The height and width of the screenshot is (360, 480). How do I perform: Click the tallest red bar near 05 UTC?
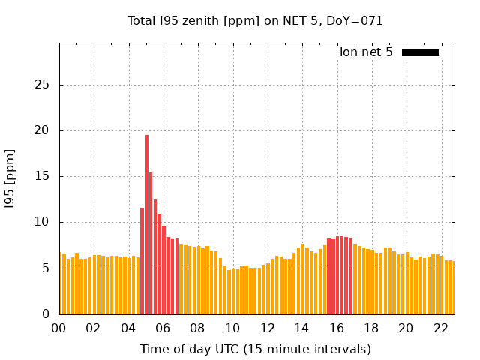(x=146, y=225)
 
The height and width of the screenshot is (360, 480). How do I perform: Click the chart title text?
(x=255, y=21)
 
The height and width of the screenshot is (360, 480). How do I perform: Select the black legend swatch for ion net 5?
(x=420, y=52)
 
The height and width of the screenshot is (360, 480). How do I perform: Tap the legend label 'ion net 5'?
(x=366, y=52)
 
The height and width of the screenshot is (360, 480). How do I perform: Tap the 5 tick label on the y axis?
(x=46, y=268)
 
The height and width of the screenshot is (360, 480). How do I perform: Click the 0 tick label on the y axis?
(x=46, y=314)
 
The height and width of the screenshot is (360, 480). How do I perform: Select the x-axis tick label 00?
(x=58, y=328)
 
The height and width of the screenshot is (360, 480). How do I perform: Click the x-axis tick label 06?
(x=163, y=328)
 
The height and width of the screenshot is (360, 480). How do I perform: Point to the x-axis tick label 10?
(x=232, y=328)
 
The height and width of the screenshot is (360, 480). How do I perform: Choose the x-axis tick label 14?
(x=301, y=328)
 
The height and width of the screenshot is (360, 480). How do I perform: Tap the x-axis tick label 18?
(x=371, y=328)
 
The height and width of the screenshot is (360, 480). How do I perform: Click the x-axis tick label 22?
(x=440, y=328)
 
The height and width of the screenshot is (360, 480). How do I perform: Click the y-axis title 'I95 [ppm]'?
(x=10, y=178)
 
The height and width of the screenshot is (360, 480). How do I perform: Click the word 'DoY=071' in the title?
(x=355, y=21)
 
